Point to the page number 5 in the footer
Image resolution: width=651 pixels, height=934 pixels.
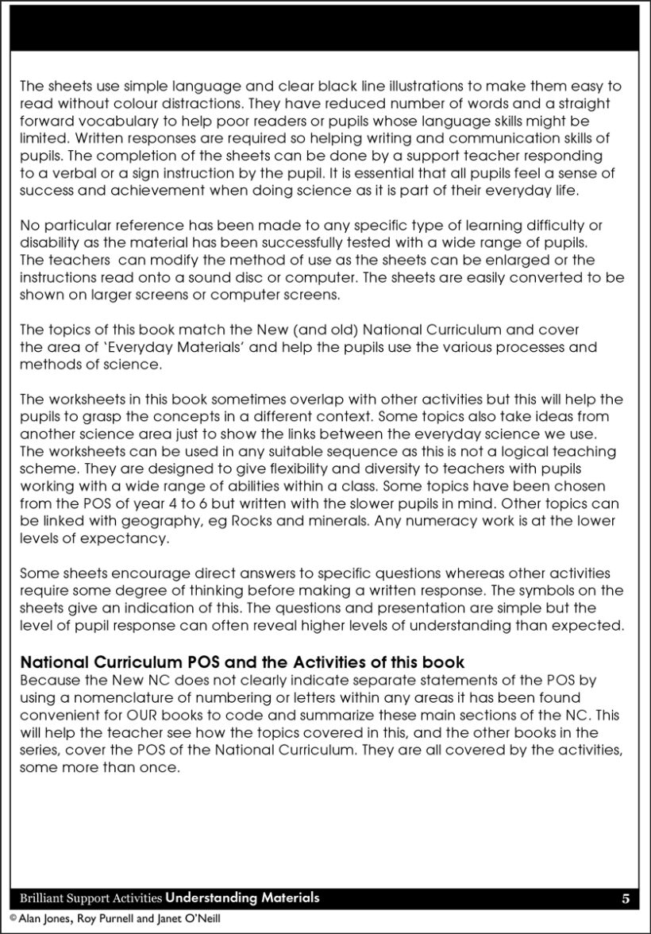pyautogui.click(x=626, y=898)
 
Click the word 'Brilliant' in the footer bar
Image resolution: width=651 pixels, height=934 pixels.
pyautogui.click(x=43, y=898)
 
